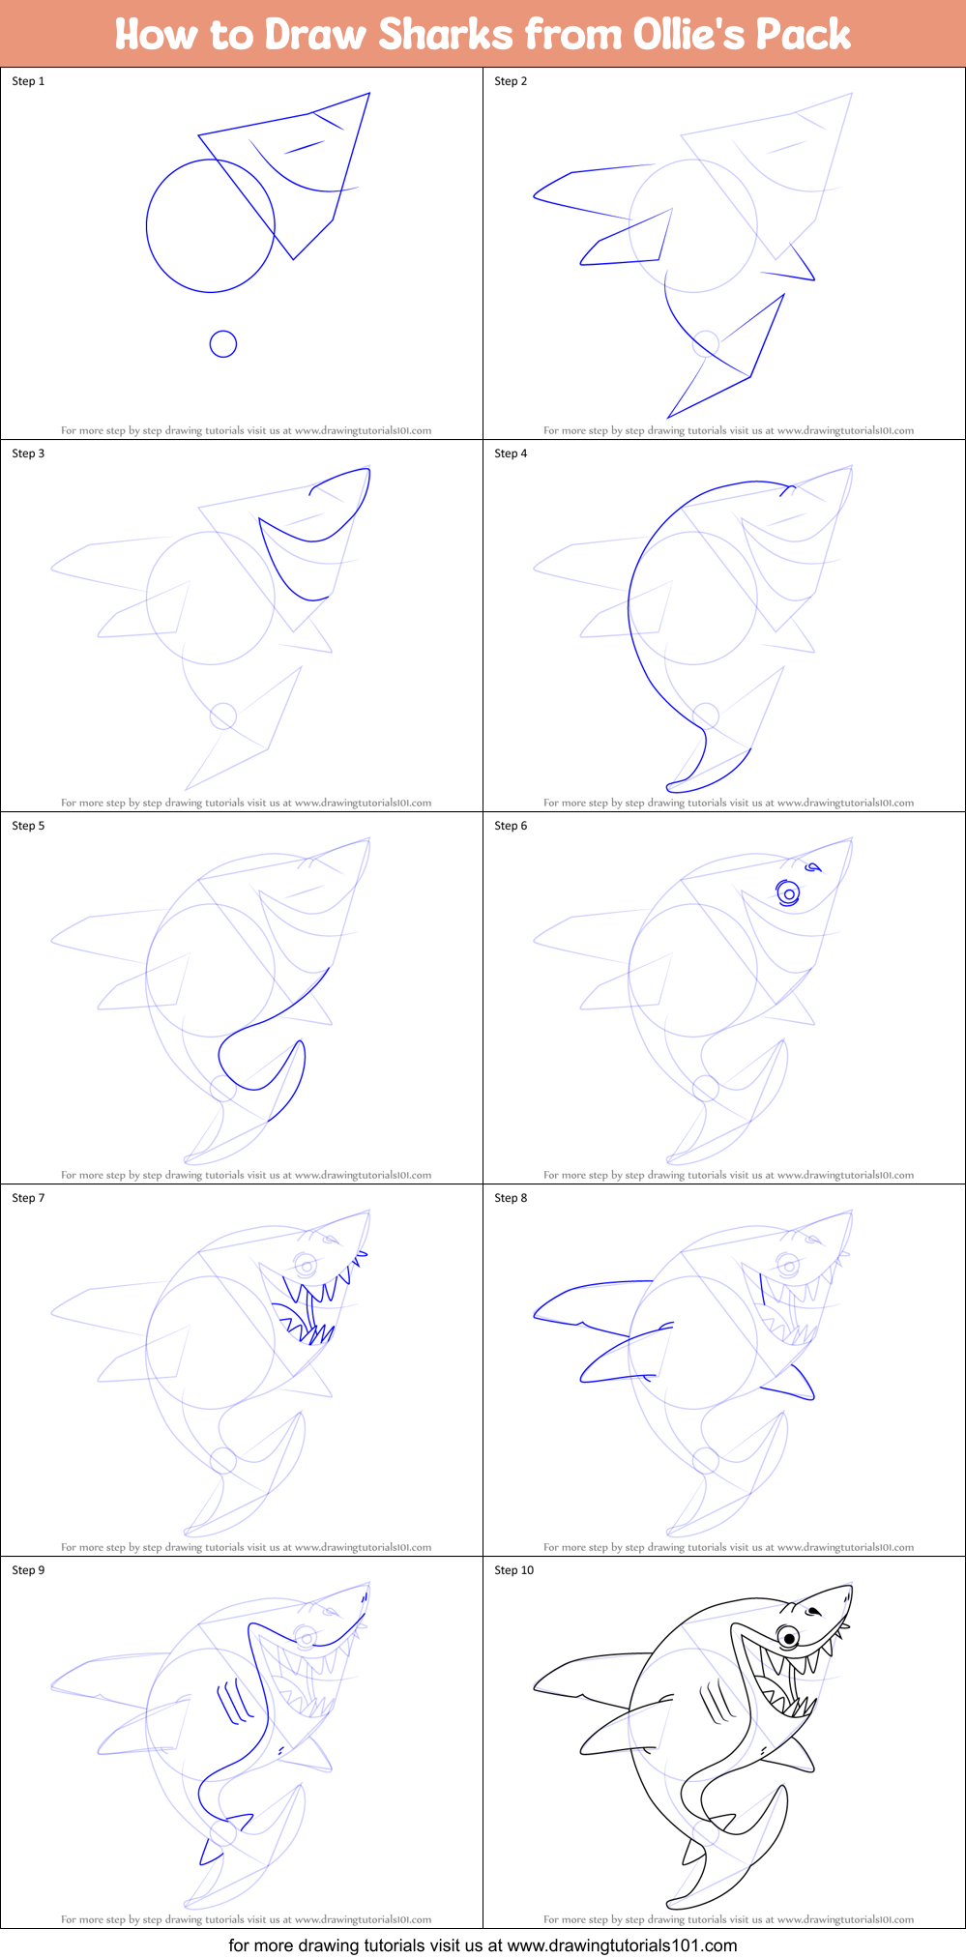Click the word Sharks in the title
click(445, 35)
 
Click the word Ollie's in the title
click(688, 35)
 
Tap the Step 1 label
click(28, 81)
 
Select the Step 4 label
click(511, 453)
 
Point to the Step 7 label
click(28, 1198)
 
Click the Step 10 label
click(513, 1570)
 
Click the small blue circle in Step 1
click(222, 343)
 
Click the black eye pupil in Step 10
click(790, 1638)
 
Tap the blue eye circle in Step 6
click(789, 893)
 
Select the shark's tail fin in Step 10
click(735, 1861)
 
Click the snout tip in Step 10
click(848, 1589)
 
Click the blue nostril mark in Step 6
click(812, 866)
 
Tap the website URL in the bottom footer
click(622, 1944)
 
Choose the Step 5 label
click(28, 826)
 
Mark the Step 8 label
click(511, 1198)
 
